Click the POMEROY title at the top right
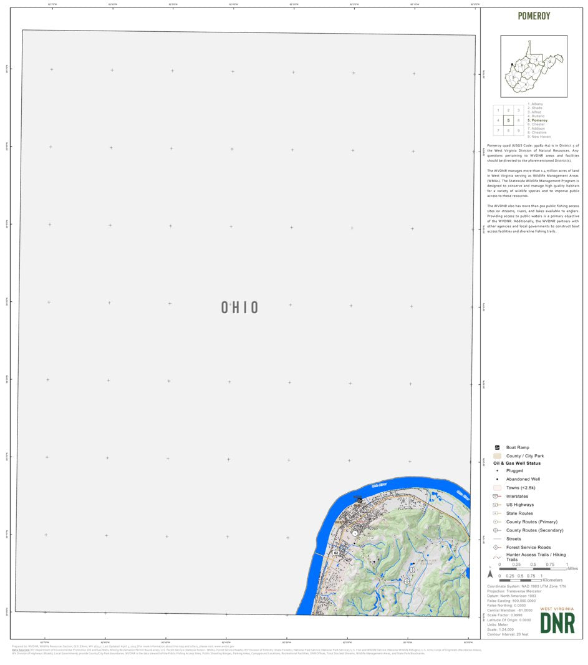[x=534, y=16]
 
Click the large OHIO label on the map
[x=239, y=308]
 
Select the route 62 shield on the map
[x=336, y=553]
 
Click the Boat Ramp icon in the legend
[x=497, y=447]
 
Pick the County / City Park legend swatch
[x=497, y=456]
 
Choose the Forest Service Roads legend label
[x=529, y=547]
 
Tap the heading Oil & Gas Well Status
[x=516, y=464]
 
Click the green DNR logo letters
[x=557, y=623]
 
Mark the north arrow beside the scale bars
[x=491, y=573]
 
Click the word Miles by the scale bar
[x=572, y=568]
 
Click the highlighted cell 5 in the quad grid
[x=508, y=120]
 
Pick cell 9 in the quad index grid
[x=518, y=130]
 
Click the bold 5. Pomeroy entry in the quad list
[x=537, y=120]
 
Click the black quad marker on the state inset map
[x=512, y=64]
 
